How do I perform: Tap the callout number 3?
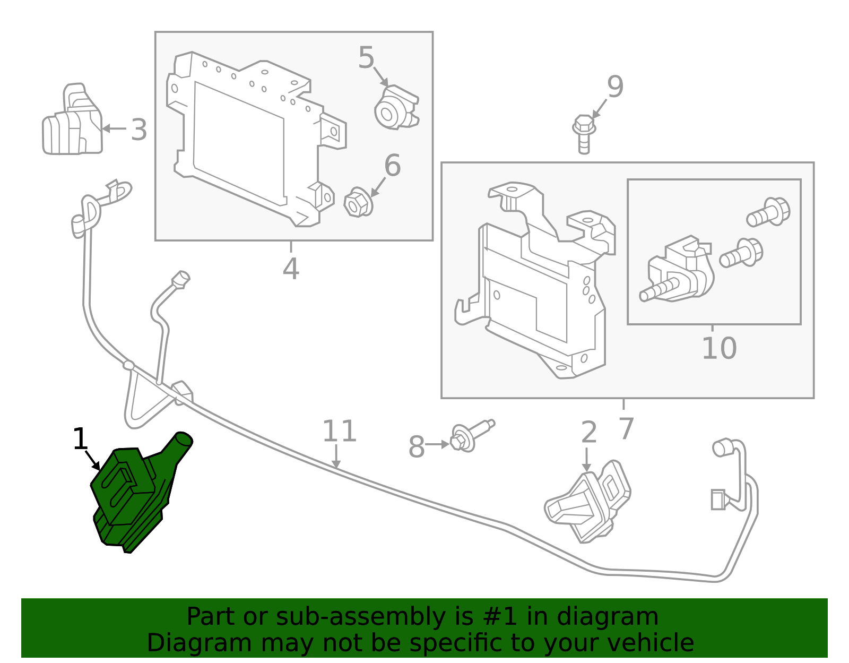coord(138,130)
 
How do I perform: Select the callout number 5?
coord(366,58)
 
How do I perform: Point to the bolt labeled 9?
coord(584,133)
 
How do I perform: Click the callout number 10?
coord(719,349)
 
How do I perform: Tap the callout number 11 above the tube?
coord(339,431)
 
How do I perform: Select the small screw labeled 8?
coord(470,435)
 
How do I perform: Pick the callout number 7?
coord(626,428)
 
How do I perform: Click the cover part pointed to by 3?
coord(72,125)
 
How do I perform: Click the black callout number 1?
coord(80,440)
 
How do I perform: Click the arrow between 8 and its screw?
coord(438,444)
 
